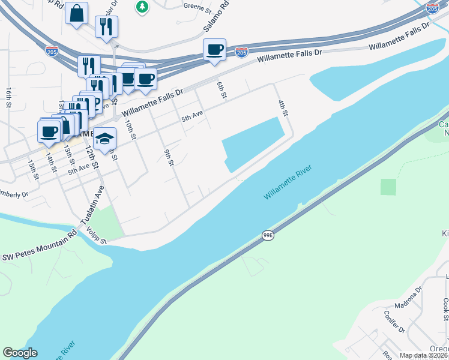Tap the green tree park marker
pos(142,7)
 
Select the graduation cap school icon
pos(105,139)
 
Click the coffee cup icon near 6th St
pos(214,49)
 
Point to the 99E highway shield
pos(268,236)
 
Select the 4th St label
pos(283,109)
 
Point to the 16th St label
pos(9,96)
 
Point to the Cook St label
pos(445,310)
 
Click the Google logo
pos(20,353)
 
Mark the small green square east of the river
pos(388,187)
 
